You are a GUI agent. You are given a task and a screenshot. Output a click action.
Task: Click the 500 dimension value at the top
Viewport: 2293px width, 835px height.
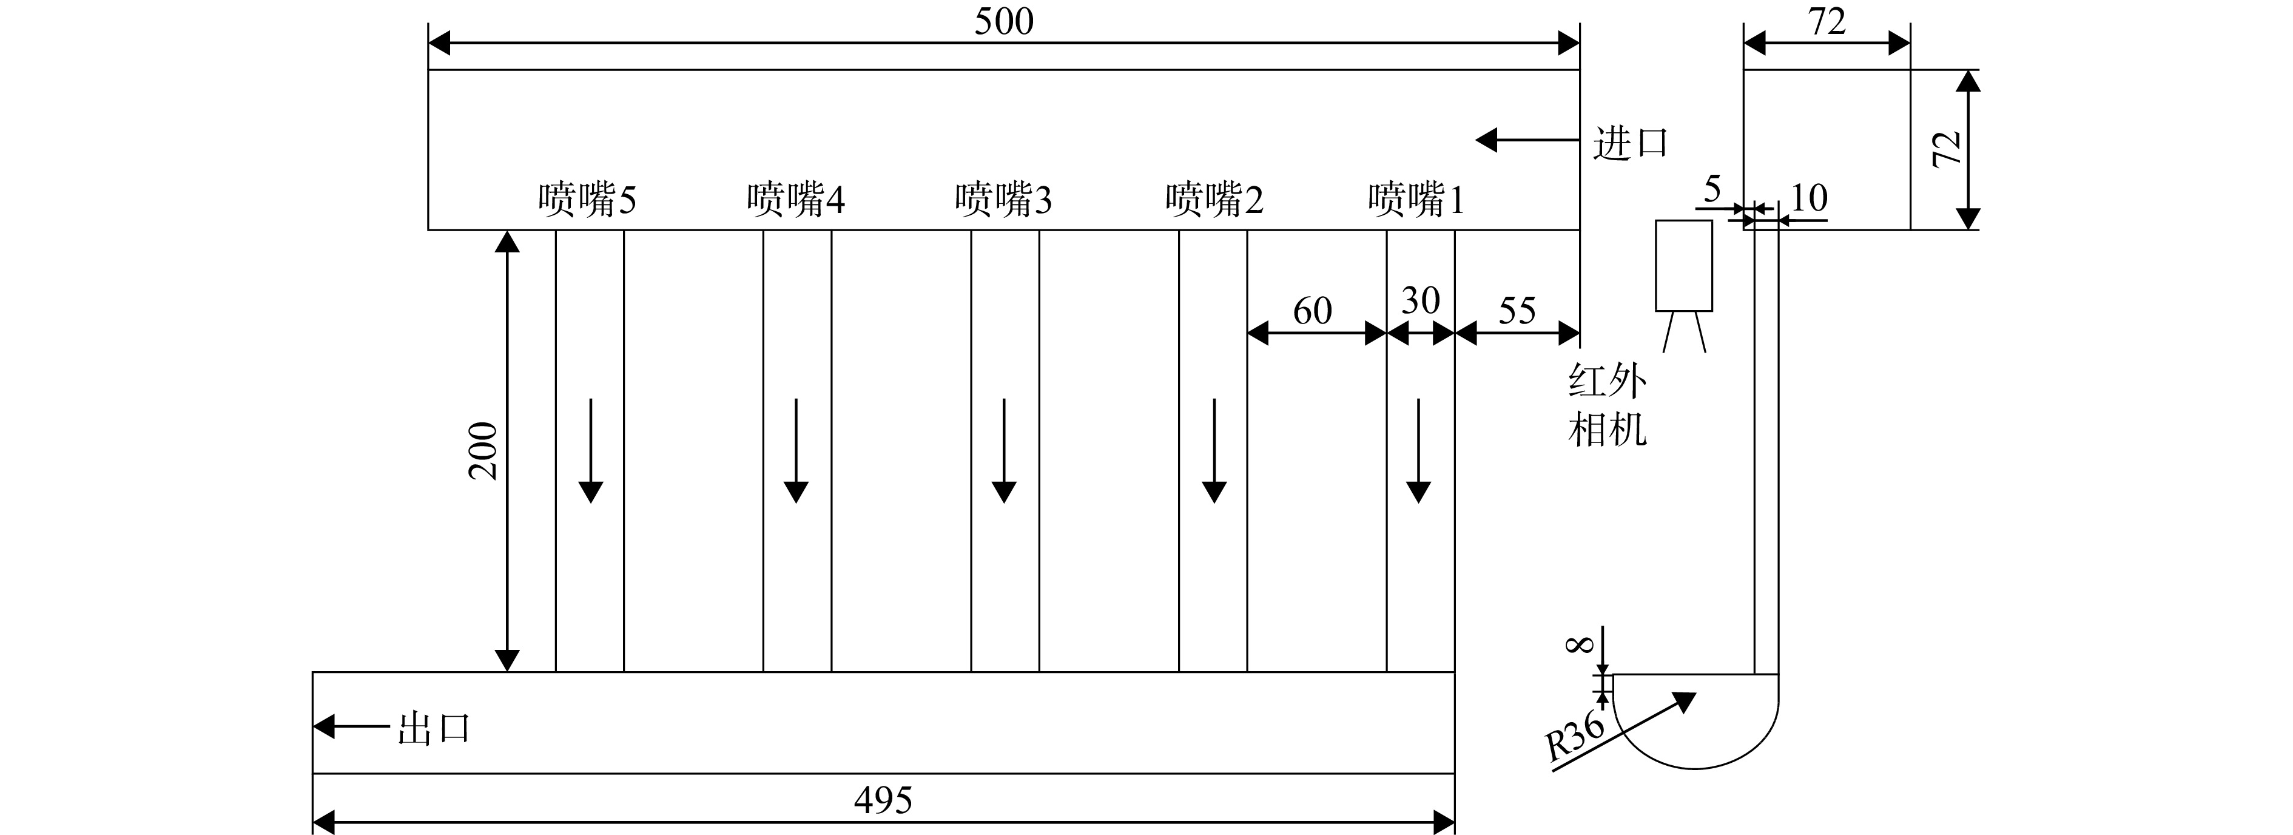tap(1004, 21)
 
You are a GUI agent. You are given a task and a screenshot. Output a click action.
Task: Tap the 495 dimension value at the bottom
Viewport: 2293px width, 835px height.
tap(883, 800)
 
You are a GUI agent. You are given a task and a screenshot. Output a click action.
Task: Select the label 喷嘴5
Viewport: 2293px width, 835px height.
tap(587, 200)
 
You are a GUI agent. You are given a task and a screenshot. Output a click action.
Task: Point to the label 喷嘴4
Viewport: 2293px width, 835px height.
tap(796, 200)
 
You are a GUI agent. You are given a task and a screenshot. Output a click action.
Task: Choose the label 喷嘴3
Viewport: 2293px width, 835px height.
tap(1004, 200)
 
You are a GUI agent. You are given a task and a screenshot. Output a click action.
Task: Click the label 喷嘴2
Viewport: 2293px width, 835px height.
tap(1214, 200)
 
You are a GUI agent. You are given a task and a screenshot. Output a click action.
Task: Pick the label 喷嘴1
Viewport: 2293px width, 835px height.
tap(1416, 200)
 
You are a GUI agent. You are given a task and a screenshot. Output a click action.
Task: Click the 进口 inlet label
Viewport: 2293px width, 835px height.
tap(1630, 143)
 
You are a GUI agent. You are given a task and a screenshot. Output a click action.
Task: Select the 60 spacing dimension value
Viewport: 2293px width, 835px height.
tap(1312, 311)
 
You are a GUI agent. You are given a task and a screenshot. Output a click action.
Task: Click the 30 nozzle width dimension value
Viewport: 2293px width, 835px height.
tap(1421, 301)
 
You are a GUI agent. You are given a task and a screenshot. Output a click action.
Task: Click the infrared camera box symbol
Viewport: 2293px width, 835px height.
tap(1683, 265)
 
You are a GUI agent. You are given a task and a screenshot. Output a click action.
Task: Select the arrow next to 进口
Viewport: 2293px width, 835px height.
tap(1527, 140)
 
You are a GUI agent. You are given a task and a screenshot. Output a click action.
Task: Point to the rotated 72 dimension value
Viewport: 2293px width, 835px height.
tap(1948, 148)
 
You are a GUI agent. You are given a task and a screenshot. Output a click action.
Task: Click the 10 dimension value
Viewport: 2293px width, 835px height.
tap(1808, 198)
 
